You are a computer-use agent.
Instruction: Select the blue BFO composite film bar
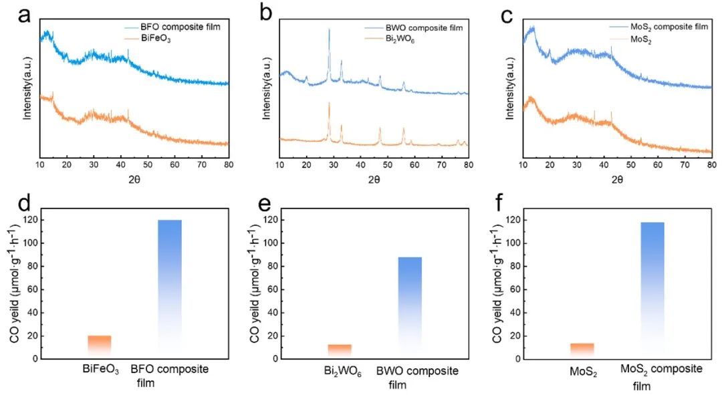click(170, 287)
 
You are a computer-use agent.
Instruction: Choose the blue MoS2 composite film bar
click(652, 288)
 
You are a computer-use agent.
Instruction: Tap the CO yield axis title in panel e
click(255, 288)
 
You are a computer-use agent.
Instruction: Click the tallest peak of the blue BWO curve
click(329, 30)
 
